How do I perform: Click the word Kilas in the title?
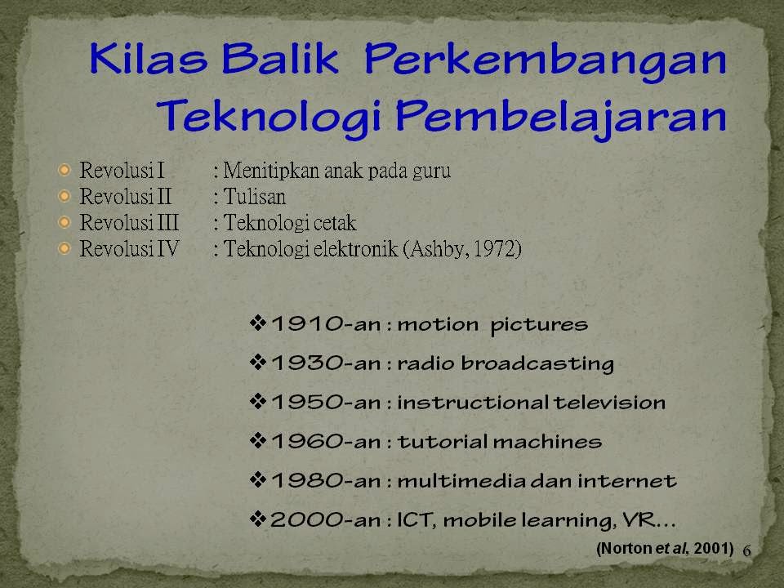tap(149, 58)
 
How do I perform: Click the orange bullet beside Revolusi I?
tap(65, 171)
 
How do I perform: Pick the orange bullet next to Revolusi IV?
tap(65, 248)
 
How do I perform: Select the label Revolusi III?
tap(129, 222)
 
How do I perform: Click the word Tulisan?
tap(255, 197)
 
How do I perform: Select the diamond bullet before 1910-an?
tap(257, 323)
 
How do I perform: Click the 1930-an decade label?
tap(326, 363)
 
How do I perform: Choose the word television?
tap(609, 403)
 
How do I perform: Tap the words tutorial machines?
tap(500, 442)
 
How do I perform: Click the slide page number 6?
tap(747, 550)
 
